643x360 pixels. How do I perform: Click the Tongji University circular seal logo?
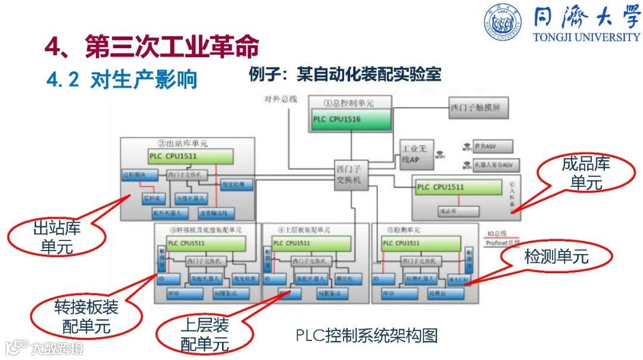pyautogui.click(x=502, y=23)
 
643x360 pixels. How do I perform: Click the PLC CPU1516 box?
pyautogui.click(x=351, y=120)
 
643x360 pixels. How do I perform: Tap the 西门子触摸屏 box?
pyautogui.click(x=479, y=109)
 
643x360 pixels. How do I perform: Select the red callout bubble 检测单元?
pyautogui.click(x=556, y=256)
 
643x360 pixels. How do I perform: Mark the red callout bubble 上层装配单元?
pyautogui.click(x=204, y=333)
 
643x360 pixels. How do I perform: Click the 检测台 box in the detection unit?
pyautogui.click(x=441, y=294)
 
